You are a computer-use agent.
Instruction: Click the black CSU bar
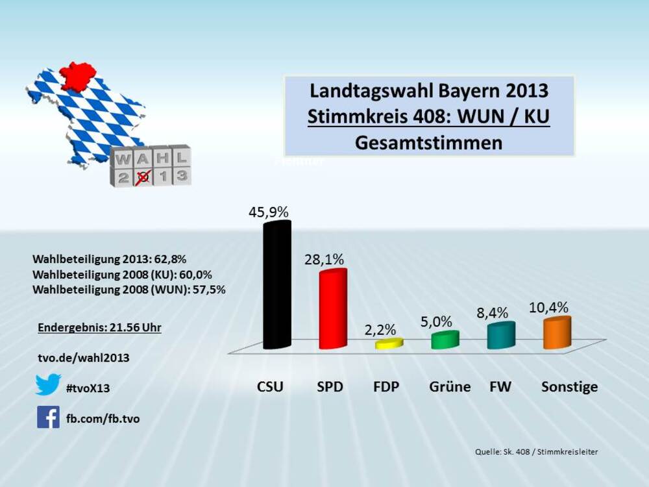276,286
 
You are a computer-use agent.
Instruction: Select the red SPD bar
333,310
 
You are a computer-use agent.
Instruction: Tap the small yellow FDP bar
389,343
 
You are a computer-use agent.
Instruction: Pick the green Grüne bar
445,340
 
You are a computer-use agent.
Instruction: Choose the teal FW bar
501,335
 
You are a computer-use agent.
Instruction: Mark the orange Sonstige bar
557,332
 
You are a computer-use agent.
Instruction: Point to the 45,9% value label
268,212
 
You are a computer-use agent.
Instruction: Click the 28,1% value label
324,259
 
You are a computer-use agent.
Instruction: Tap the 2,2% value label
380,329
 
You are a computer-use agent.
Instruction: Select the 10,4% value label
549,307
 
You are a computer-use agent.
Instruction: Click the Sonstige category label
569,387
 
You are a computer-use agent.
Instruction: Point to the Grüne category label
450,387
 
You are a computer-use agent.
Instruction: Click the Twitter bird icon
48,384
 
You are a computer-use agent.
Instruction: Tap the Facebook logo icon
48,417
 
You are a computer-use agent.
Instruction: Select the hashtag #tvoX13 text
88,388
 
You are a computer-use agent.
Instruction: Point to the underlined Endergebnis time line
99,327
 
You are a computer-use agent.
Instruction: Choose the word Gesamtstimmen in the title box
429,143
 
